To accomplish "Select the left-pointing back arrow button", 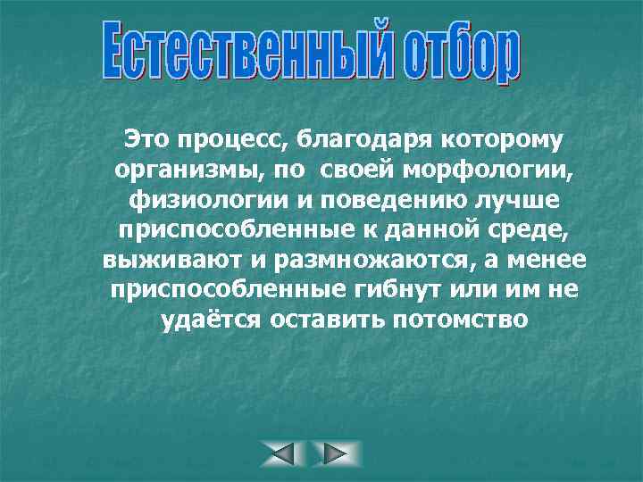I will pyautogui.click(x=283, y=453).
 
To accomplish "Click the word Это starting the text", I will pyautogui.click(x=145, y=139).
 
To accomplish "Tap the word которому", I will pyautogui.click(x=500, y=140).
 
